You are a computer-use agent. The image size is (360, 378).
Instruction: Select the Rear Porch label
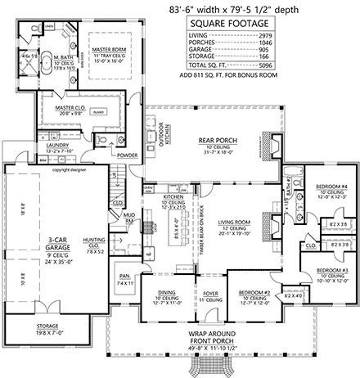click(x=218, y=140)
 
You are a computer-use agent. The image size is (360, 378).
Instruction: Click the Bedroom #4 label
click(x=332, y=187)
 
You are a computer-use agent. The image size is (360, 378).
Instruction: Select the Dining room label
click(x=159, y=292)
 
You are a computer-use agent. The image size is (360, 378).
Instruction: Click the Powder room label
click(x=127, y=154)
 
